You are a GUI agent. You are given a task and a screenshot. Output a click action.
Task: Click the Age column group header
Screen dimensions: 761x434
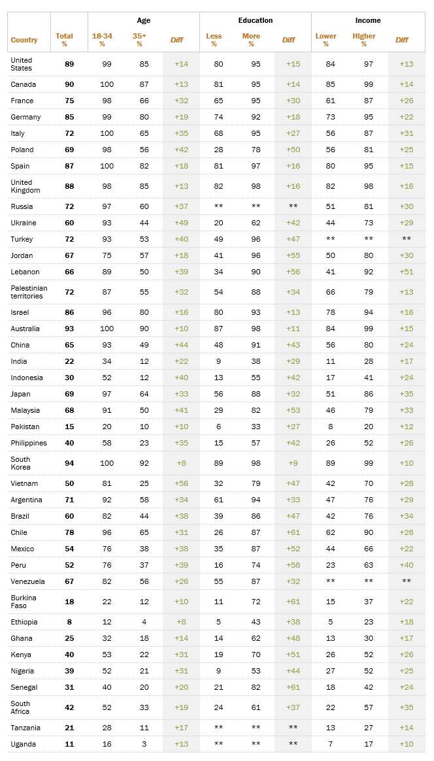point(143,20)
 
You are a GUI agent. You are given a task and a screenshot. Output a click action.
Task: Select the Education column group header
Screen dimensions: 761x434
point(255,20)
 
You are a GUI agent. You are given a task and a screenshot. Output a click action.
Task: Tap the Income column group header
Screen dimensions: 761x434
point(368,20)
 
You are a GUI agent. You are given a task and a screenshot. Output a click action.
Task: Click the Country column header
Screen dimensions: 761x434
point(24,40)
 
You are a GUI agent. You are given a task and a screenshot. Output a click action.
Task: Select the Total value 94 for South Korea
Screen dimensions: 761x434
point(69,463)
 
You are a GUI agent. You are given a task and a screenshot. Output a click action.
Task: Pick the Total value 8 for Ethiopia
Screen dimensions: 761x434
point(69,622)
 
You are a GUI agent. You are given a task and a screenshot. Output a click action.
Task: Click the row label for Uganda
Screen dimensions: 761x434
point(23,744)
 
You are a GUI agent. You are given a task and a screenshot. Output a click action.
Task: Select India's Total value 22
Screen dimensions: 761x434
point(69,361)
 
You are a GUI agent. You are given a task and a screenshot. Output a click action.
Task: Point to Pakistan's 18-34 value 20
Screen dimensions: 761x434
point(102,427)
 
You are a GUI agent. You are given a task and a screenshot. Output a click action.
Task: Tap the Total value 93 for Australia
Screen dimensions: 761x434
point(69,329)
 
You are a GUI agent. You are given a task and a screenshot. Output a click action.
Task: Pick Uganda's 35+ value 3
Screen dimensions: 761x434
point(139,744)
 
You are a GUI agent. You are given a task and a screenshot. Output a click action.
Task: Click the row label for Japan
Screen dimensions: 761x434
point(21,394)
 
